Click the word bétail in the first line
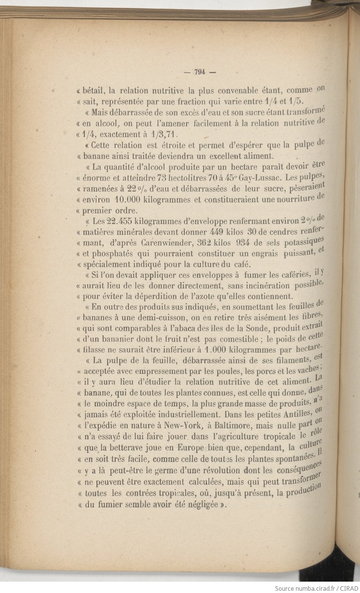[x=93, y=91]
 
